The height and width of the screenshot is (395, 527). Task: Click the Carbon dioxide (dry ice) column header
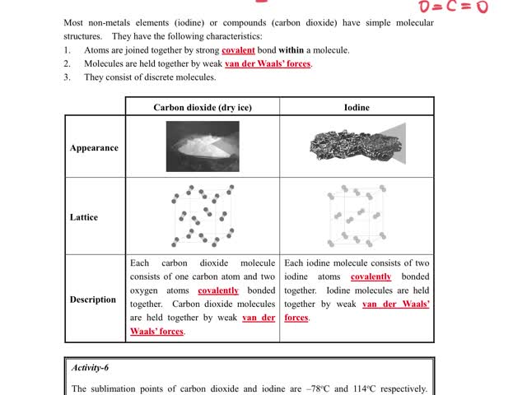click(203, 107)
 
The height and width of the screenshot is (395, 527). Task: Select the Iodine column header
click(357, 107)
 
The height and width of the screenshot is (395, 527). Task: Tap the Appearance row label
click(94, 148)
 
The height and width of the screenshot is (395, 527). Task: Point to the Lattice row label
click(84, 217)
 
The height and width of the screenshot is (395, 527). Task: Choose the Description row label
click(93, 300)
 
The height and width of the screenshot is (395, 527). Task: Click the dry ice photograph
click(202, 145)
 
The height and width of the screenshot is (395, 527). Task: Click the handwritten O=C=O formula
click(453, 7)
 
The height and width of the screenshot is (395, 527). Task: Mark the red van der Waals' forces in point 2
click(268, 63)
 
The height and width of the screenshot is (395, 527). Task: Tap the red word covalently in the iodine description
click(371, 277)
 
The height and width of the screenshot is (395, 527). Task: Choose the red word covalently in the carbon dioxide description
click(218, 290)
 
